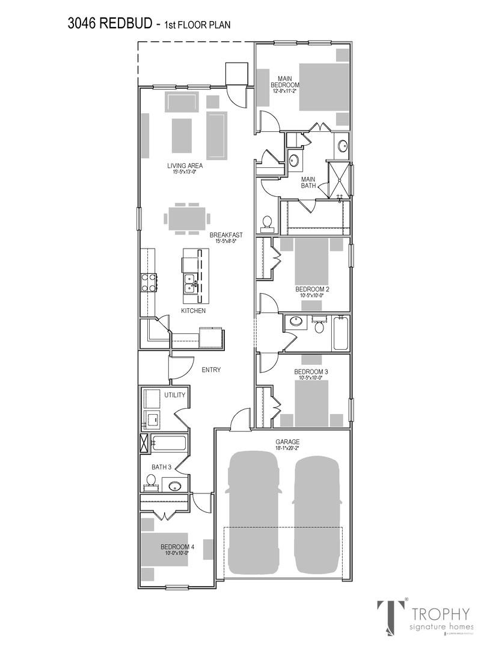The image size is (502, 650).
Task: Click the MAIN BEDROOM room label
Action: point(285,81)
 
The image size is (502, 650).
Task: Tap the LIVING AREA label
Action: point(185,166)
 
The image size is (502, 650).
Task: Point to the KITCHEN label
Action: point(194,311)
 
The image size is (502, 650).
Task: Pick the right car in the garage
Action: point(317,515)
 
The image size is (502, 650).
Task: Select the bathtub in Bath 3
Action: point(169,444)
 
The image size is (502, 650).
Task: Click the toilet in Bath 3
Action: point(151,481)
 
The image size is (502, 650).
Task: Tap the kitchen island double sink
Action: point(191,283)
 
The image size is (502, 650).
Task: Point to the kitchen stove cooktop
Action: point(148,282)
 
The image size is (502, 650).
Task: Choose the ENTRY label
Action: point(212,370)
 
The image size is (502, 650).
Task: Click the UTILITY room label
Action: point(175,395)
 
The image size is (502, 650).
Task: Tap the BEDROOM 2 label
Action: point(312,289)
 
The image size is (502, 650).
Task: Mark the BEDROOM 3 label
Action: point(311,372)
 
